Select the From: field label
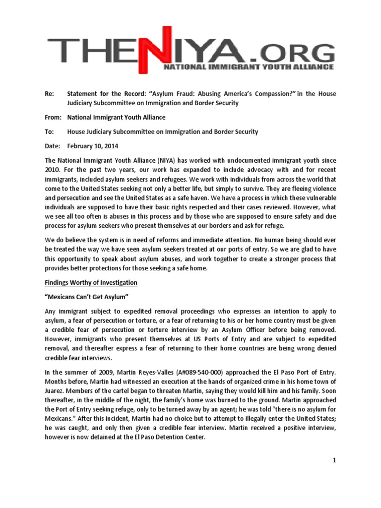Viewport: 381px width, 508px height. tap(53, 118)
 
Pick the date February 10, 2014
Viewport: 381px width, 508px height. tap(92, 146)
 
